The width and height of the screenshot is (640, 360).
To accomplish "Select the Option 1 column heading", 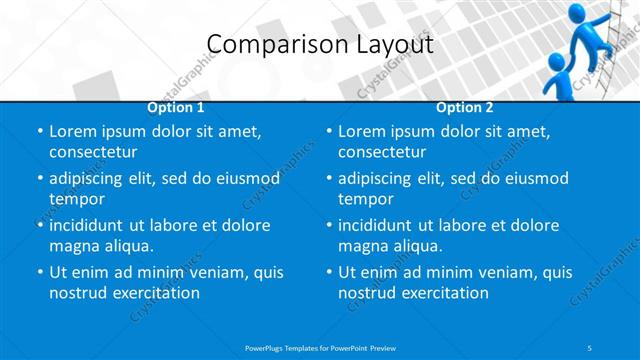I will coord(176,107).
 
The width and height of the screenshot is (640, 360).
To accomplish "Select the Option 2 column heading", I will coord(465,107).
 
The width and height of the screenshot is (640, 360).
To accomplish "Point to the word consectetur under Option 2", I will coord(382,152).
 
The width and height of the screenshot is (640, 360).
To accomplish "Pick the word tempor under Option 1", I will coord(77,198).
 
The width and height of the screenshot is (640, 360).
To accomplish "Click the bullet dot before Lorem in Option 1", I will coord(39,132).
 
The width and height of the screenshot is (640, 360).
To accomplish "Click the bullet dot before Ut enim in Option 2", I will coord(328,272).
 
